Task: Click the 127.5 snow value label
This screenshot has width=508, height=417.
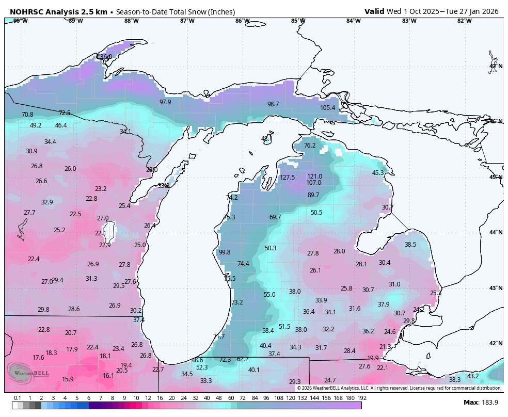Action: pyautogui.click(x=287, y=178)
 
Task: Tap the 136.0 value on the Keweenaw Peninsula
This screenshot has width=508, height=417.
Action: pyautogui.click(x=104, y=57)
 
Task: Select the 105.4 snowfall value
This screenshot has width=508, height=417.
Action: pyautogui.click(x=327, y=108)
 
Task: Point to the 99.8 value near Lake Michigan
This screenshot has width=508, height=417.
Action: pyautogui.click(x=225, y=252)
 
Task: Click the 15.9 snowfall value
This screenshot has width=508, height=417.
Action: pyautogui.click(x=68, y=379)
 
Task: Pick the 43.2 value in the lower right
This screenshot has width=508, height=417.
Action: pyautogui.click(x=472, y=376)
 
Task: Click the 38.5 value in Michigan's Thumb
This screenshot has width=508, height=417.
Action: pyautogui.click(x=410, y=245)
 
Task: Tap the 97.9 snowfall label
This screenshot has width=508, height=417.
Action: pyautogui.click(x=165, y=102)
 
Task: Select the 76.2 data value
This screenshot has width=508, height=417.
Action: pyautogui.click(x=309, y=146)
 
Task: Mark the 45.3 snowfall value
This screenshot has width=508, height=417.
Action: pyautogui.click(x=378, y=173)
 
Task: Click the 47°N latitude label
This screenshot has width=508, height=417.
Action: pyautogui.click(x=496, y=67)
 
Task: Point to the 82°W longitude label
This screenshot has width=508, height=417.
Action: pyautogui.click(x=464, y=21)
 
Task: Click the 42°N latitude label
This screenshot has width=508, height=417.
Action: pyautogui.click(x=496, y=344)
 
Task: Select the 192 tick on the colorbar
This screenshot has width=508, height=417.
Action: pyautogui.click(x=361, y=398)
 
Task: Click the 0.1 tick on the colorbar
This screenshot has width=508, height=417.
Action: pyautogui.click(x=17, y=398)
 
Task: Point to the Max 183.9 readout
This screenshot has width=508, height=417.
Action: pyautogui.click(x=481, y=403)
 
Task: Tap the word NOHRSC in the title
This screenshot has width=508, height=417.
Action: pyautogui.click(x=25, y=11)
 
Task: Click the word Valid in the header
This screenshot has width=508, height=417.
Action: pyautogui.click(x=374, y=11)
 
